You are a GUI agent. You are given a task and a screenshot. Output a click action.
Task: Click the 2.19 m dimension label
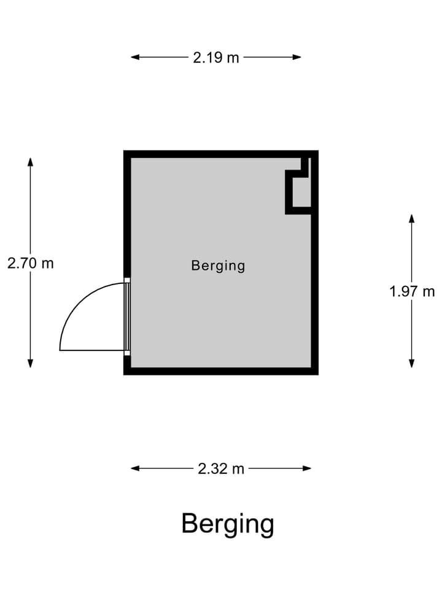tap(216, 58)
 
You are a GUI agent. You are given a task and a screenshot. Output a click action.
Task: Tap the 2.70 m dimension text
tap(31, 263)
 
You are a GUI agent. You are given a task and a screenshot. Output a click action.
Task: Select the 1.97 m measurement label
tap(412, 291)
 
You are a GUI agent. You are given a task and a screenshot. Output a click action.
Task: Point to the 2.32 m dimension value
tap(221, 469)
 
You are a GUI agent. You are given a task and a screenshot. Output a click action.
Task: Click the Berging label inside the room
tap(218, 265)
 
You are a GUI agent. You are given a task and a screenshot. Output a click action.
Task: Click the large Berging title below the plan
tap(228, 524)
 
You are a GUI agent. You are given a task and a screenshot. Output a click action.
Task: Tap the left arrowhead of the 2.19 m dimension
tap(135, 57)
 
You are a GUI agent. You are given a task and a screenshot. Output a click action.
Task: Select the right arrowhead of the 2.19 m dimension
tap(297, 57)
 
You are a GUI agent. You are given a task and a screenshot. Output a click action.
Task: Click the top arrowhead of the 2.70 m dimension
tap(31, 162)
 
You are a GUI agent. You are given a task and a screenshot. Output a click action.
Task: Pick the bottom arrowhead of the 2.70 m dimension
tap(31, 363)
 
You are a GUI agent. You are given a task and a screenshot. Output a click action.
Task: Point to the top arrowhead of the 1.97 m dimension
tap(412, 219)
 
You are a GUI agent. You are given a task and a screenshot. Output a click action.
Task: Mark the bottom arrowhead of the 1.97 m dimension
tap(412, 363)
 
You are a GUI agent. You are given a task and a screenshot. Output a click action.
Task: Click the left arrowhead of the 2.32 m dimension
tap(135, 468)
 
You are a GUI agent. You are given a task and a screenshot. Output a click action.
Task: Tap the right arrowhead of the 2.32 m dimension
tap(307, 468)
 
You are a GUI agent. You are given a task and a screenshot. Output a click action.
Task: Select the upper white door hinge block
tap(128, 280)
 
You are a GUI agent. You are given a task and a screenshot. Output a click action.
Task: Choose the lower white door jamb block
tap(128, 353)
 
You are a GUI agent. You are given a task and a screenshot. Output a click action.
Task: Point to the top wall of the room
tap(221, 154)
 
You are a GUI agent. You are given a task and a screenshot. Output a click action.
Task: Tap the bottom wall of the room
tap(221, 371)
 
